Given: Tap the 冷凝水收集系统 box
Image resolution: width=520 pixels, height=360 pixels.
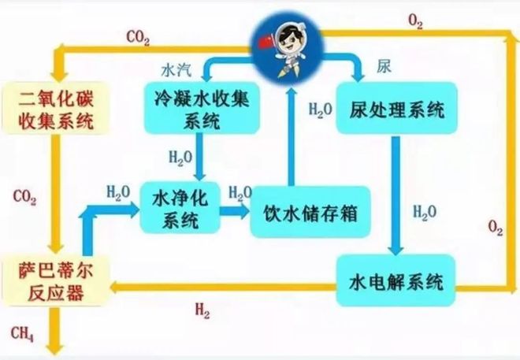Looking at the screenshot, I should (202, 109).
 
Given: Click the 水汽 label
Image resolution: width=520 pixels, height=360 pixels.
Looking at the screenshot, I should (176, 69).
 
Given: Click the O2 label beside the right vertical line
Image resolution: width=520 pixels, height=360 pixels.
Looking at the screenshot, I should (495, 228).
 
